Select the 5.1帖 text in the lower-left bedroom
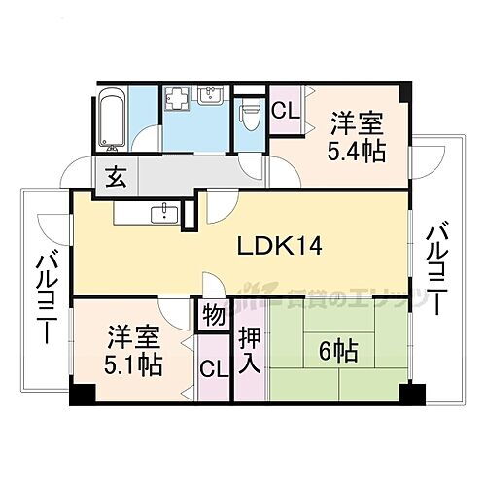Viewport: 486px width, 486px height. tap(134, 367)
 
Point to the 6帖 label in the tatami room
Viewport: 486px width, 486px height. tap(341, 352)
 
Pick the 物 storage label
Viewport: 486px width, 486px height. tap(211, 317)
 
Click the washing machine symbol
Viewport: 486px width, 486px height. tap(178, 98)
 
